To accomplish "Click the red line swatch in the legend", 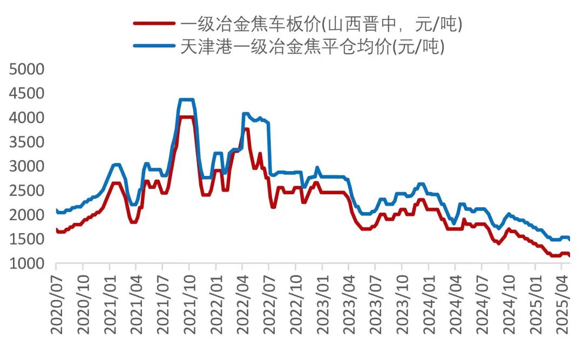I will tap(154, 23).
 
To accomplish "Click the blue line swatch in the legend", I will tap(154, 46).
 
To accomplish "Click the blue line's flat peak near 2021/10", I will tap(186, 100).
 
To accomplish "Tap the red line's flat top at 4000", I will tap(186, 117).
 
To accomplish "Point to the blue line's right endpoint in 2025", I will tap(570, 240).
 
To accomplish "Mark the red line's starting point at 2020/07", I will tap(56, 230).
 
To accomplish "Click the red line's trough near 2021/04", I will tap(133, 222).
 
